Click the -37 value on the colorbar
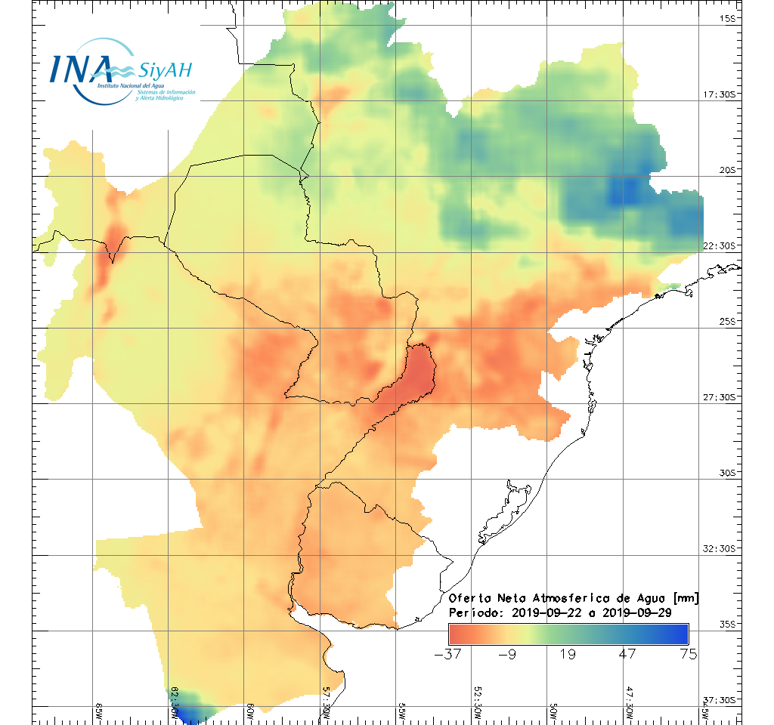pyautogui.click(x=450, y=654)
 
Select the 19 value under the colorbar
pyautogui.click(x=568, y=654)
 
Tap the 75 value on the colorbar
pyautogui.click(x=688, y=654)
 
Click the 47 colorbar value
pyautogui.click(x=628, y=654)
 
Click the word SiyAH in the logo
pyautogui.click(x=165, y=71)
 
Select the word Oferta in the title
pyautogui.click(x=469, y=598)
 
